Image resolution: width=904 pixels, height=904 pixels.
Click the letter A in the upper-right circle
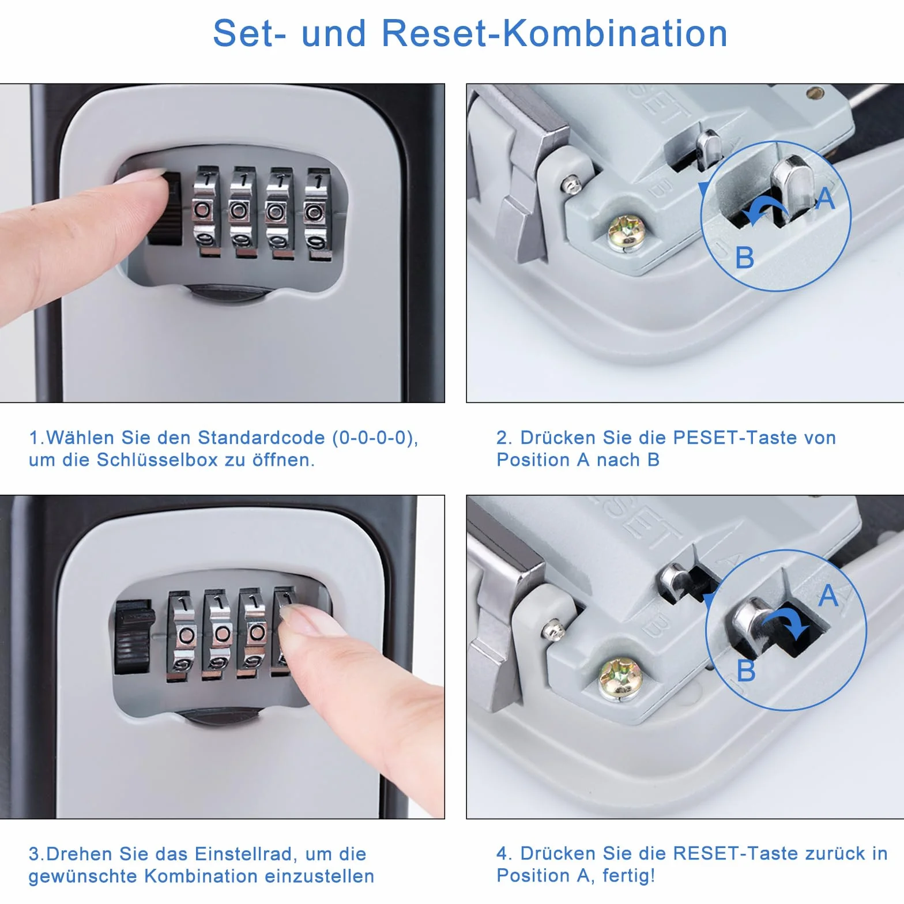tap(826, 199)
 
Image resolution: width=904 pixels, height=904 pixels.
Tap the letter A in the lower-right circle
tap(828, 596)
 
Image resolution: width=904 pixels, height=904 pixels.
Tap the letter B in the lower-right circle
tap(746, 671)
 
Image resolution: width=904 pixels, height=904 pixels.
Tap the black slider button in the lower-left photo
tap(133, 637)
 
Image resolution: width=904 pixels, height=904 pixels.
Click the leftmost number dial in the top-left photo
tap(205, 212)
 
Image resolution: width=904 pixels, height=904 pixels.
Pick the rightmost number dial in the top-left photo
tap(317, 214)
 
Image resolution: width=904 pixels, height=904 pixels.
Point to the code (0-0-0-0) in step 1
tap(375, 438)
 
